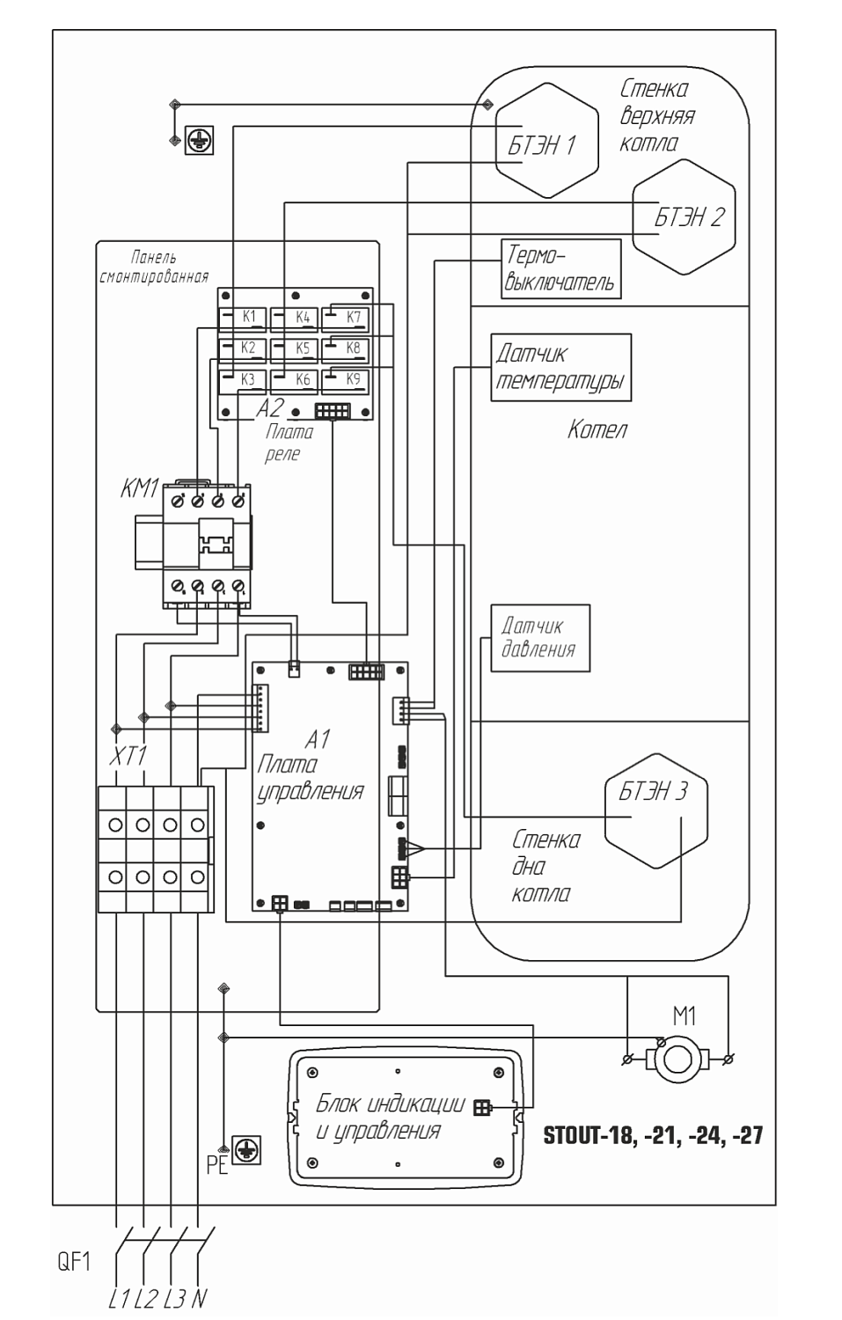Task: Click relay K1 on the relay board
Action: click(x=243, y=319)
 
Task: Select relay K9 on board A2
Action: click(x=346, y=381)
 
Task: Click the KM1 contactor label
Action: click(x=140, y=488)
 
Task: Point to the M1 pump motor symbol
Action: click(x=677, y=1059)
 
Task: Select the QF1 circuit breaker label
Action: click(x=74, y=1262)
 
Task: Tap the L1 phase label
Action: click(x=119, y=1299)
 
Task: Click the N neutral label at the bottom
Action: click(x=199, y=1299)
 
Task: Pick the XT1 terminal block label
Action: click(x=128, y=756)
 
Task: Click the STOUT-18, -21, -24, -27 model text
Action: click(x=653, y=1135)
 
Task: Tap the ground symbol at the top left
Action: click(x=199, y=140)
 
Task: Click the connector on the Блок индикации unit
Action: click(x=482, y=1108)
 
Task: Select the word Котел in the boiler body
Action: click(x=597, y=429)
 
